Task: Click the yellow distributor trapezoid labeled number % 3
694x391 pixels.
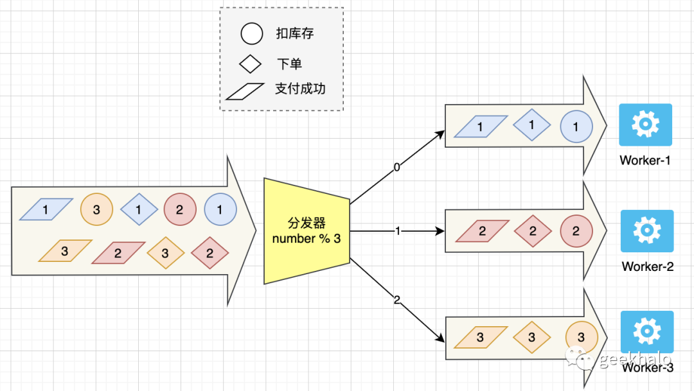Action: pos(307,231)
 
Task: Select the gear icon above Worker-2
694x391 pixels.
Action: pos(647,230)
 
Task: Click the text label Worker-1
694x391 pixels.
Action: pos(645,161)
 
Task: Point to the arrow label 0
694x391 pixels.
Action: pos(396,168)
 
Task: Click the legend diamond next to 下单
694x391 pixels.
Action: pos(250,64)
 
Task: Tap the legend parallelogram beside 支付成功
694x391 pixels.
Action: pos(245,91)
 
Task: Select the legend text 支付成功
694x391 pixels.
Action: pos(300,89)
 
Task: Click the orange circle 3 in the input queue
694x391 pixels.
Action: pos(96,209)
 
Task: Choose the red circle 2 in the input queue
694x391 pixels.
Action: pos(180,209)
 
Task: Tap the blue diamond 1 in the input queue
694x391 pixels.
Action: pos(138,209)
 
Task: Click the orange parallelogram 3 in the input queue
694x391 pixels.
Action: pos(65,251)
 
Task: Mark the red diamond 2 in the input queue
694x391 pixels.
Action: pos(210,253)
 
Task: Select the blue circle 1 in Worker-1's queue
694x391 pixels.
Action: pos(576,126)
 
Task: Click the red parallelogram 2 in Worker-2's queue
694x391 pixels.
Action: pos(482,232)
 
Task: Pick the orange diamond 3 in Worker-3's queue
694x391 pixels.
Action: pos(531,337)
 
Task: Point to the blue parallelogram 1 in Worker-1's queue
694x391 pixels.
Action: pos(481,126)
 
